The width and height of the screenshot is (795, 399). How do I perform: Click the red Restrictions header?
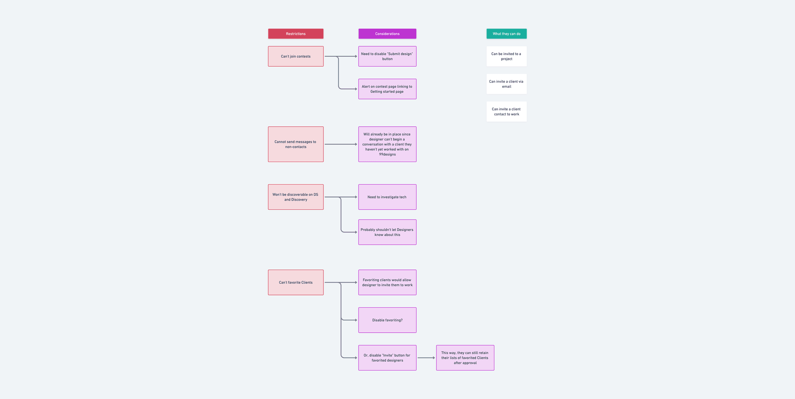pyautogui.click(x=296, y=34)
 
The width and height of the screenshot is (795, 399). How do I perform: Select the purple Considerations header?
pyautogui.click(x=387, y=34)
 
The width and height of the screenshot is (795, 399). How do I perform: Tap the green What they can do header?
pyautogui.click(x=506, y=34)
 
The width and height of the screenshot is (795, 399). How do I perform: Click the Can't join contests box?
pyautogui.click(x=296, y=56)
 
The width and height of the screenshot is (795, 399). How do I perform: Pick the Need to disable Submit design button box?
pyautogui.click(x=387, y=56)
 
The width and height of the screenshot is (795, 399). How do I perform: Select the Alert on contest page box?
pyautogui.click(x=387, y=89)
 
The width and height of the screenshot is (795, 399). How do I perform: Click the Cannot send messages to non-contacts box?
pyautogui.click(x=296, y=144)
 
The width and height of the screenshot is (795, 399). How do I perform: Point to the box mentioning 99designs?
pyautogui.click(x=387, y=144)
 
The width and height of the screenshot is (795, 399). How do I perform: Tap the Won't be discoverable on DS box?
pyautogui.click(x=296, y=197)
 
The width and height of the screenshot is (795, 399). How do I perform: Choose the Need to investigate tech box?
pyautogui.click(x=387, y=197)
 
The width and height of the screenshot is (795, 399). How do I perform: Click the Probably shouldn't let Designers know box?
pyautogui.click(x=387, y=232)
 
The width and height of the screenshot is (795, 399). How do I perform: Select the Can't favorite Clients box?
pyautogui.click(x=296, y=283)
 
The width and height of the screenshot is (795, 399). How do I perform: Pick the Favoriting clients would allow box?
pyautogui.click(x=387, y=283)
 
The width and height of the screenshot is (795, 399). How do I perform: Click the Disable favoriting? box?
pyautogui.click(x=387, y=320)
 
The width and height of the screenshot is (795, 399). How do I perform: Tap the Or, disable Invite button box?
pyautogui.click(x=387, y=358)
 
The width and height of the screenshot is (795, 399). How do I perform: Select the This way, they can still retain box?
pyautogui.click(x=465, y=358)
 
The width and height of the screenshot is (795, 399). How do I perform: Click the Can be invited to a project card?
pyautogui.click(x=506, y=56)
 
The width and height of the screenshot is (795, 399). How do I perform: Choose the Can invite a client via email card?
pyautogui.click(x=506, y=84)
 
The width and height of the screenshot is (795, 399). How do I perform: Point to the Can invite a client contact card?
pyautogui.click(x=506, y=111)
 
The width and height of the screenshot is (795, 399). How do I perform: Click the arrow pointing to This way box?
pyautogui.click(x=426, y=358)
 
